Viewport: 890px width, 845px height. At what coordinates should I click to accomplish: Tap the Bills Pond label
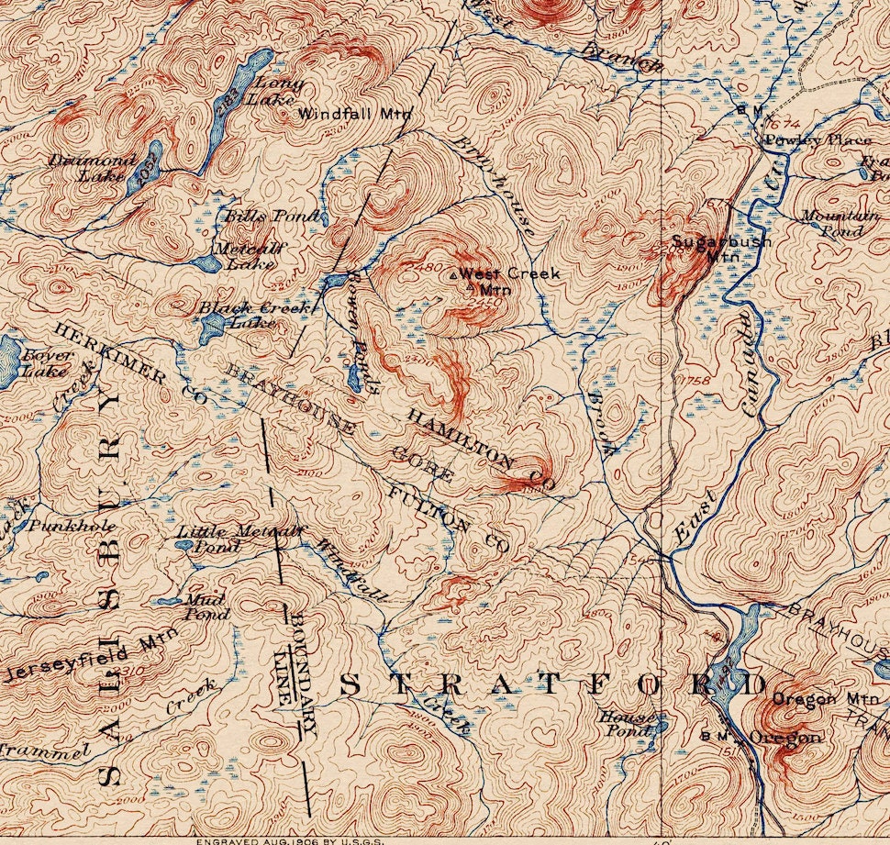tap(273, 217)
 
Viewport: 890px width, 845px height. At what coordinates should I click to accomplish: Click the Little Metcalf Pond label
tap(239, 538)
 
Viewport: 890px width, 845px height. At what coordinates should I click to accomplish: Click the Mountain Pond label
tap(840, 222)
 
